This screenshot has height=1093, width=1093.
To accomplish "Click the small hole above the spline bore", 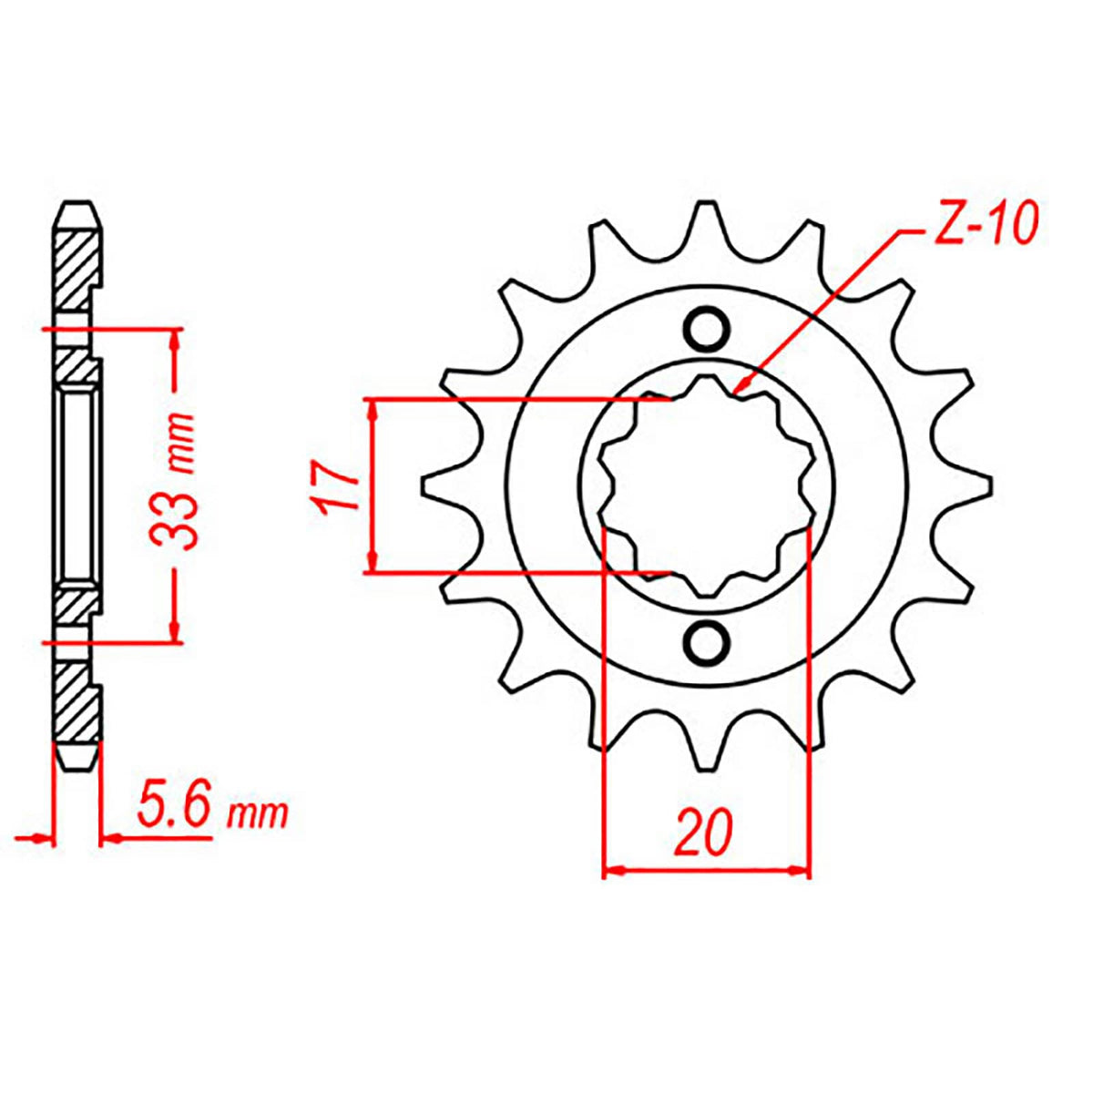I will click(707, 328).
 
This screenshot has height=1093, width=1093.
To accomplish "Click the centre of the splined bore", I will click(707, 485).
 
